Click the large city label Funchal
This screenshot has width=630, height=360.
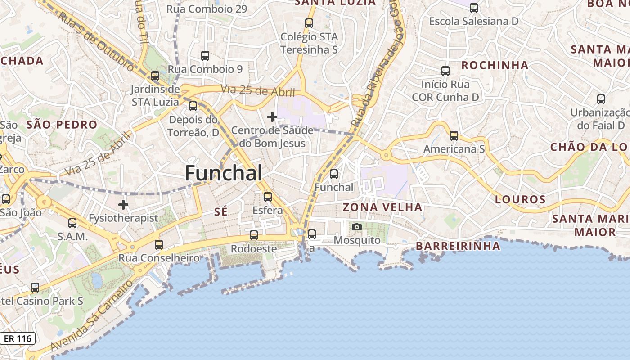[223, 173]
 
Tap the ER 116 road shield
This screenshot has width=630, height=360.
[18, 338]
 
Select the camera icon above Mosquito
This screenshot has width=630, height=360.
[357, 227]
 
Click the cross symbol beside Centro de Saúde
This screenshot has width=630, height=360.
[272, 117]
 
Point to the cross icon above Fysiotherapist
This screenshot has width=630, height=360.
[123, 205]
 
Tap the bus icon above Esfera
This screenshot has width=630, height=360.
[268, 197]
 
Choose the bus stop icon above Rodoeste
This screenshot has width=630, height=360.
[254, 235]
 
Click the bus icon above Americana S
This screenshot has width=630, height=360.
[454, 135]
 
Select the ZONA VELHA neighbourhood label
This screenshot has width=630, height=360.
[382, 207]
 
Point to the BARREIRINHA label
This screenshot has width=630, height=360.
[458, 246]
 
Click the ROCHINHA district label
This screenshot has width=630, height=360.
[495, 65]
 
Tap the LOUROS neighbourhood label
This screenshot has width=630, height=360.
[520, 199]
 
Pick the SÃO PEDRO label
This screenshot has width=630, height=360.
[62, 125]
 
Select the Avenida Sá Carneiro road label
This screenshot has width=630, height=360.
[92, 315]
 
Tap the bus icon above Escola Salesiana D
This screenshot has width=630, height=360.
[474, 8]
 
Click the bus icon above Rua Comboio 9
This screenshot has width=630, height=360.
[205, 56]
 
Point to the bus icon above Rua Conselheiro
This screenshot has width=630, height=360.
[159, 245]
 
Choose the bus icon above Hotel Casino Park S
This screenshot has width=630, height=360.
[35, 288]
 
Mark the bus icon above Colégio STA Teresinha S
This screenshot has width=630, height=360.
[309, 23]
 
